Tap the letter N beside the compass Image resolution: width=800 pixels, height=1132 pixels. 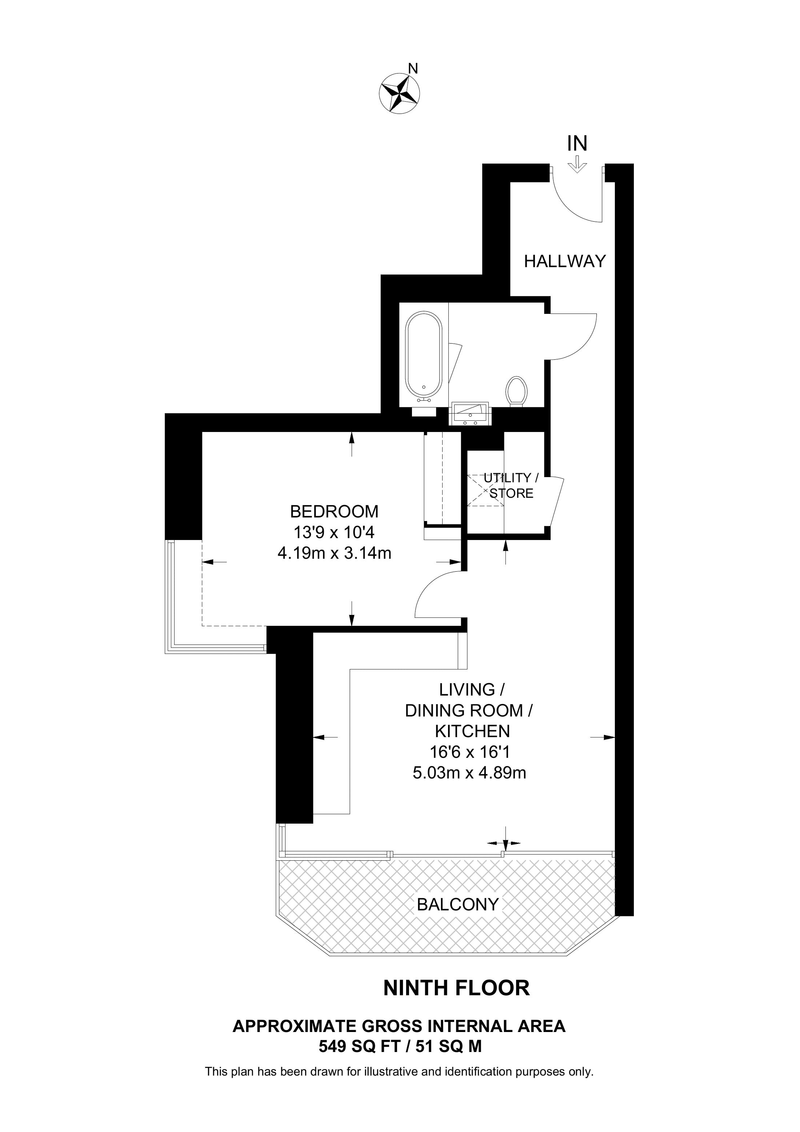pos(414,68)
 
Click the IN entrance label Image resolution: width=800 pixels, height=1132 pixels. pos(577,144)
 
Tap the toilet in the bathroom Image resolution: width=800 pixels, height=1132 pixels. pos(516,391)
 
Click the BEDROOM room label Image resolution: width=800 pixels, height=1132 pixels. pos(334,511)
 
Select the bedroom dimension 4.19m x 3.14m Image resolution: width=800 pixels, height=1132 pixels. pos(335,554)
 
